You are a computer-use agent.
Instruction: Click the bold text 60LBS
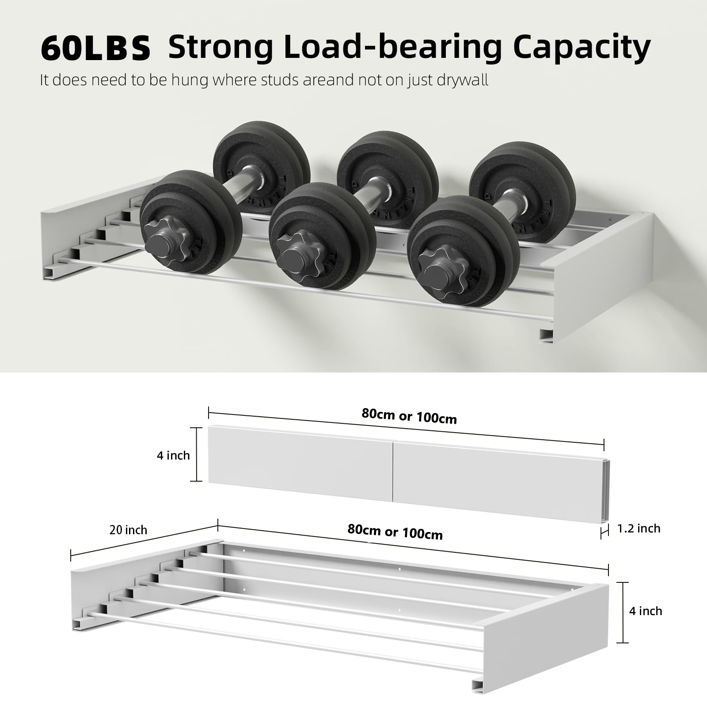point(95,49)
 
